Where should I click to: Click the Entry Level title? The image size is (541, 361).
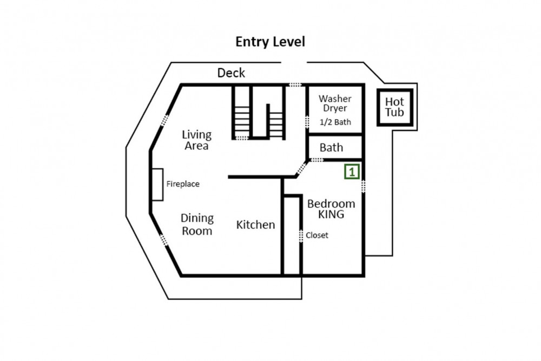click(x=270, y=42)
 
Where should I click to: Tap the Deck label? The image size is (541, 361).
click(x=231, y=73)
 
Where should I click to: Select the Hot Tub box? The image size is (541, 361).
click(x=395, y=107)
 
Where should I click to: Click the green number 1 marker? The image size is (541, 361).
click(x=352, y=172)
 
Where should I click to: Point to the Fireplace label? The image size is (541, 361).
click(x=183, y=184)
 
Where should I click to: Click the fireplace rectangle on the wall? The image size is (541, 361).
click(x=157, y=185)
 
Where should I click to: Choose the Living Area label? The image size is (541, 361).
click(x=197, y=140)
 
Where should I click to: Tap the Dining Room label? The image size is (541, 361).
click(x=197, y=224)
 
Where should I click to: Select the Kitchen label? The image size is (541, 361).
click(x=256, y=225)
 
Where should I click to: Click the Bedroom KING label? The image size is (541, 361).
click(x=331, y=209)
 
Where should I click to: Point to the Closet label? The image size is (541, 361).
click(x=317, y=235)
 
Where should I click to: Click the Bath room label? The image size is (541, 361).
click(x=331, y=148)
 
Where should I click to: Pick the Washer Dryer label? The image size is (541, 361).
click(x=335, y=103)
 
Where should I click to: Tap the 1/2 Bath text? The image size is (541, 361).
click(x=335, y=122)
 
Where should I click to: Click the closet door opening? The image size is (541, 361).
click(x=301, y=236)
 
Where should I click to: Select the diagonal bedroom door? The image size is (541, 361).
click(x=302, y=168)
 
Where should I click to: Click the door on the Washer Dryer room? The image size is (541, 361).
click(x=307, y=122)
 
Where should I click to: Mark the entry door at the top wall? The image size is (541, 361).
click(x=295, y=84)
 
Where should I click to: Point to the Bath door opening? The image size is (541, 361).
click(x=316, y=160)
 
